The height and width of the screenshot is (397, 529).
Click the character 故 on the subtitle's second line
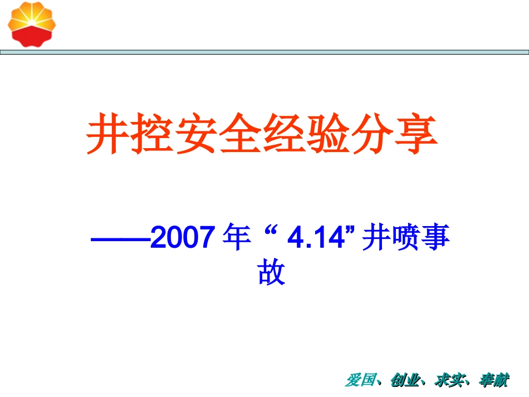[x=271, y=273]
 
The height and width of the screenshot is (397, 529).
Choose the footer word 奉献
[x=493, y=381]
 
